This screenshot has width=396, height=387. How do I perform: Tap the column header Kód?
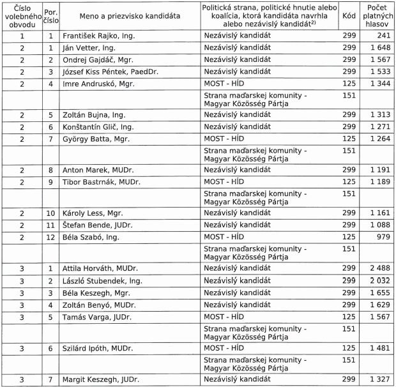coord(348,15)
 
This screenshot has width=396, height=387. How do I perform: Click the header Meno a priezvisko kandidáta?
coord(130,15)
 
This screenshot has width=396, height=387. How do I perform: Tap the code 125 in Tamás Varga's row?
coord(348,317)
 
